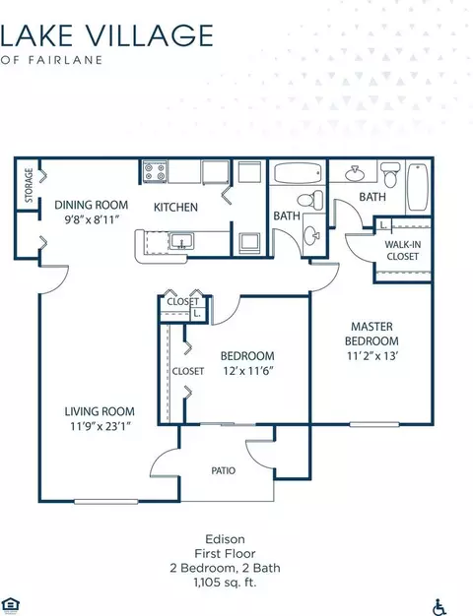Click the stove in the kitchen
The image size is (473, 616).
tap(155, 171)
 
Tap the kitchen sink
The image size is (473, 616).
tap(181, 241)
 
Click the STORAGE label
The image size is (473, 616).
tap(29, 185)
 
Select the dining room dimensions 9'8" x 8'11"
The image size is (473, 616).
tap(92, 219)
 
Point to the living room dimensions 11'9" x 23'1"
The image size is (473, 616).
tap(100, 426)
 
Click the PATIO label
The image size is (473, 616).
tap(223, 470)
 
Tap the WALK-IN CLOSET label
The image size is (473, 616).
tap(402, 250)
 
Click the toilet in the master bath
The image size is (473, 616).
tap(390, 175)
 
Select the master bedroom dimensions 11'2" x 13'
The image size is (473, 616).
tap(372, 356)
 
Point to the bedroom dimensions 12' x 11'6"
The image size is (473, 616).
tap(248, 370)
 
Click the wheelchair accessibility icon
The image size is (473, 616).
tap(439, 607)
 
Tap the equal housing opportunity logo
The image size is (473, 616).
tap(11, 605)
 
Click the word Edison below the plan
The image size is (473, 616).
tap(225, 538)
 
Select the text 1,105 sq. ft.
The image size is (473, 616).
tap(225, 583)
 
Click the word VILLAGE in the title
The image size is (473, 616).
tap(149, 35)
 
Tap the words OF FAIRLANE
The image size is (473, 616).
tap(51, 60)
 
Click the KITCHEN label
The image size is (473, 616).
tap(175, 207)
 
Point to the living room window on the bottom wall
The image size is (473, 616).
tap(106, 501)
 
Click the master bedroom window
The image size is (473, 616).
tap(374, 424)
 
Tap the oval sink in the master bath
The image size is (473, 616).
tap(355, 173)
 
